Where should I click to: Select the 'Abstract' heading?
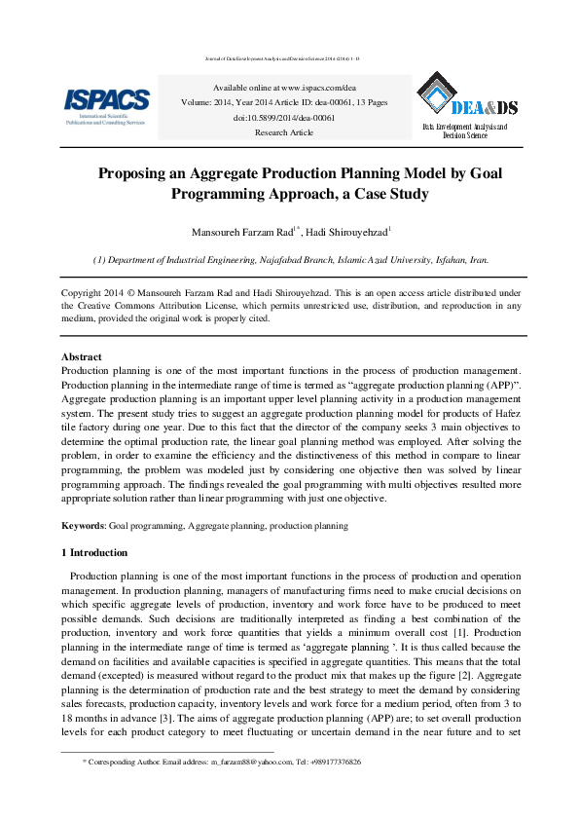pyautogui.click(x=82, y=357)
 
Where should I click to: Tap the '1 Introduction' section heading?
pyautogui.click(x=94, y=552)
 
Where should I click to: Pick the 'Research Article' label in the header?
pyautogui.click(x=284, y=132)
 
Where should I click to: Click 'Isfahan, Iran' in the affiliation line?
pyautogui.click(x=461, y=261)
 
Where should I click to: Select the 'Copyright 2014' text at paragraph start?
pyautogui.click(x=95, y=292)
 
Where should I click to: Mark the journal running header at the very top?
pyautogui.click(x=289, y=58)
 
